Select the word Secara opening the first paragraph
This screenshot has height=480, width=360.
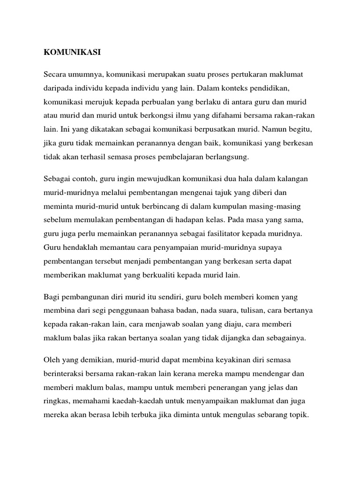pos(56,75)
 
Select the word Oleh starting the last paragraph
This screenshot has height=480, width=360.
pos(52,360)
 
